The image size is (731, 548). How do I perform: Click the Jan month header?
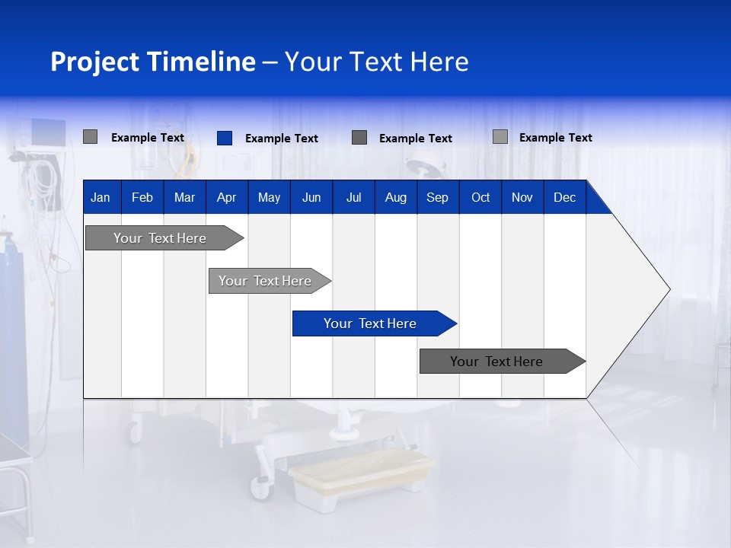[x=101, y=197]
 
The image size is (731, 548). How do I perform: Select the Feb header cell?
[x=142, y=197]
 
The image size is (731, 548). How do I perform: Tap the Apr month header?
[x=226, y=197]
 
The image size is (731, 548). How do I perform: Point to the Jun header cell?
[x=311, y=197]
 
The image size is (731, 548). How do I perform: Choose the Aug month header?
[x=395, y=197]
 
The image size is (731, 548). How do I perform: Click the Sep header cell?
[x=437, y=197]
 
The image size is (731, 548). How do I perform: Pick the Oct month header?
[x=480, y=197]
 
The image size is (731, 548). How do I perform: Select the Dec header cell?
[x=564, y=197]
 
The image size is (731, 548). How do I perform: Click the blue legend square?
[x=225, y=138]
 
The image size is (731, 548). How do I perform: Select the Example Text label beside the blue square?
[x=281, y=139]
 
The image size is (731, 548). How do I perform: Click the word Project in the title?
[x=95, y=62]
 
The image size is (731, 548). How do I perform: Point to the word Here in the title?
[x=439, y=62]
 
